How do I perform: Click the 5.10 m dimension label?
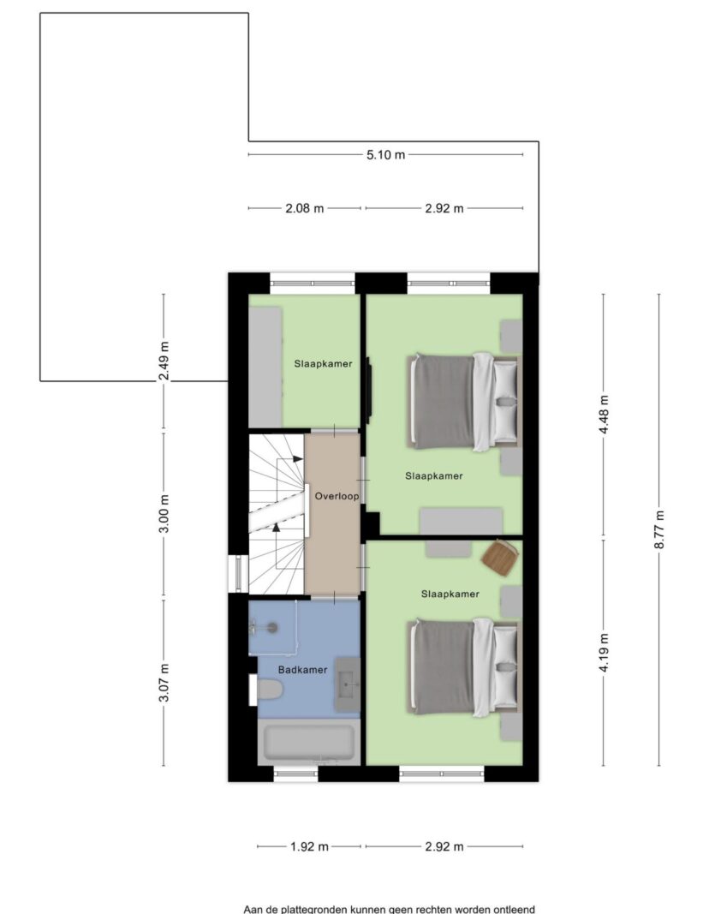click(385, 155)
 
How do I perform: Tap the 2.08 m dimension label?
click(304, 208)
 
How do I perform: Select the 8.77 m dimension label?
click(659, 529)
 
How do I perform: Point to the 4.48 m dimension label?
click(604, 415)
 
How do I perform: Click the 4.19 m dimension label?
click(604, 652)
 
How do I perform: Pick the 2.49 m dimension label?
click(164, 361)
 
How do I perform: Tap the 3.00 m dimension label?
click(164, 514)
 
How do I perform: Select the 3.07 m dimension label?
click(164, 683)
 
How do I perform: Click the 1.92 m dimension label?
click(309, 846)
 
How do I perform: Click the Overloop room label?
click(337, 497)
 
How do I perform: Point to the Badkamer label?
click(302, 670)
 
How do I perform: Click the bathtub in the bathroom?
click(308, 742)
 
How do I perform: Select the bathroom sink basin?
click(348, 684)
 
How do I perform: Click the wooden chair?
click(500, 557)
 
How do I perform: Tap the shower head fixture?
click(271, 628)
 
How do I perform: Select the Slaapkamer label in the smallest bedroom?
click(323, 364)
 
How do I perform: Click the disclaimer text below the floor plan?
click(389, 909)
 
